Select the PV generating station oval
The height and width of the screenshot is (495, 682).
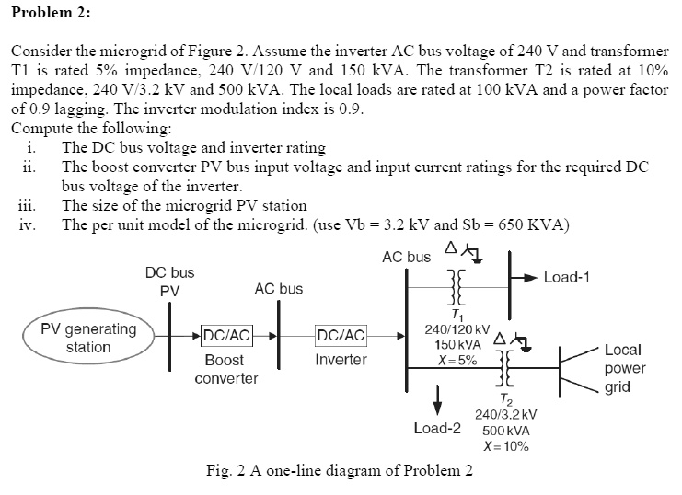tap(88, 338)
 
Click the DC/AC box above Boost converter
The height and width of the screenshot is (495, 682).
tap(226, 337)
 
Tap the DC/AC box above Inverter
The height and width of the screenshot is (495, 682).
tap(341, 337)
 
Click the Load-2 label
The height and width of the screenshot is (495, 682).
tap(437, 428)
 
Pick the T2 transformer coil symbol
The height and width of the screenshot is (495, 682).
tap(504, 373)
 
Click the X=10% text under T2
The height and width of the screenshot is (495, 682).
tap(505, 446)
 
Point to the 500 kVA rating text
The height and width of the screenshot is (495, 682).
tap(505, 431)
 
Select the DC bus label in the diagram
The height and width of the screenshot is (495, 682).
tap(169, 273)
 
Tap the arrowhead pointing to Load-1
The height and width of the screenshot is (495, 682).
tap(530, 276)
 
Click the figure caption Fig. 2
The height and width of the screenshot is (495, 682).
tap(340, 471)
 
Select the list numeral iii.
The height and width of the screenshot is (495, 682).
tap(27, 205)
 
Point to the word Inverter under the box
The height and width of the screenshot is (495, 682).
tap(341, 360)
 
